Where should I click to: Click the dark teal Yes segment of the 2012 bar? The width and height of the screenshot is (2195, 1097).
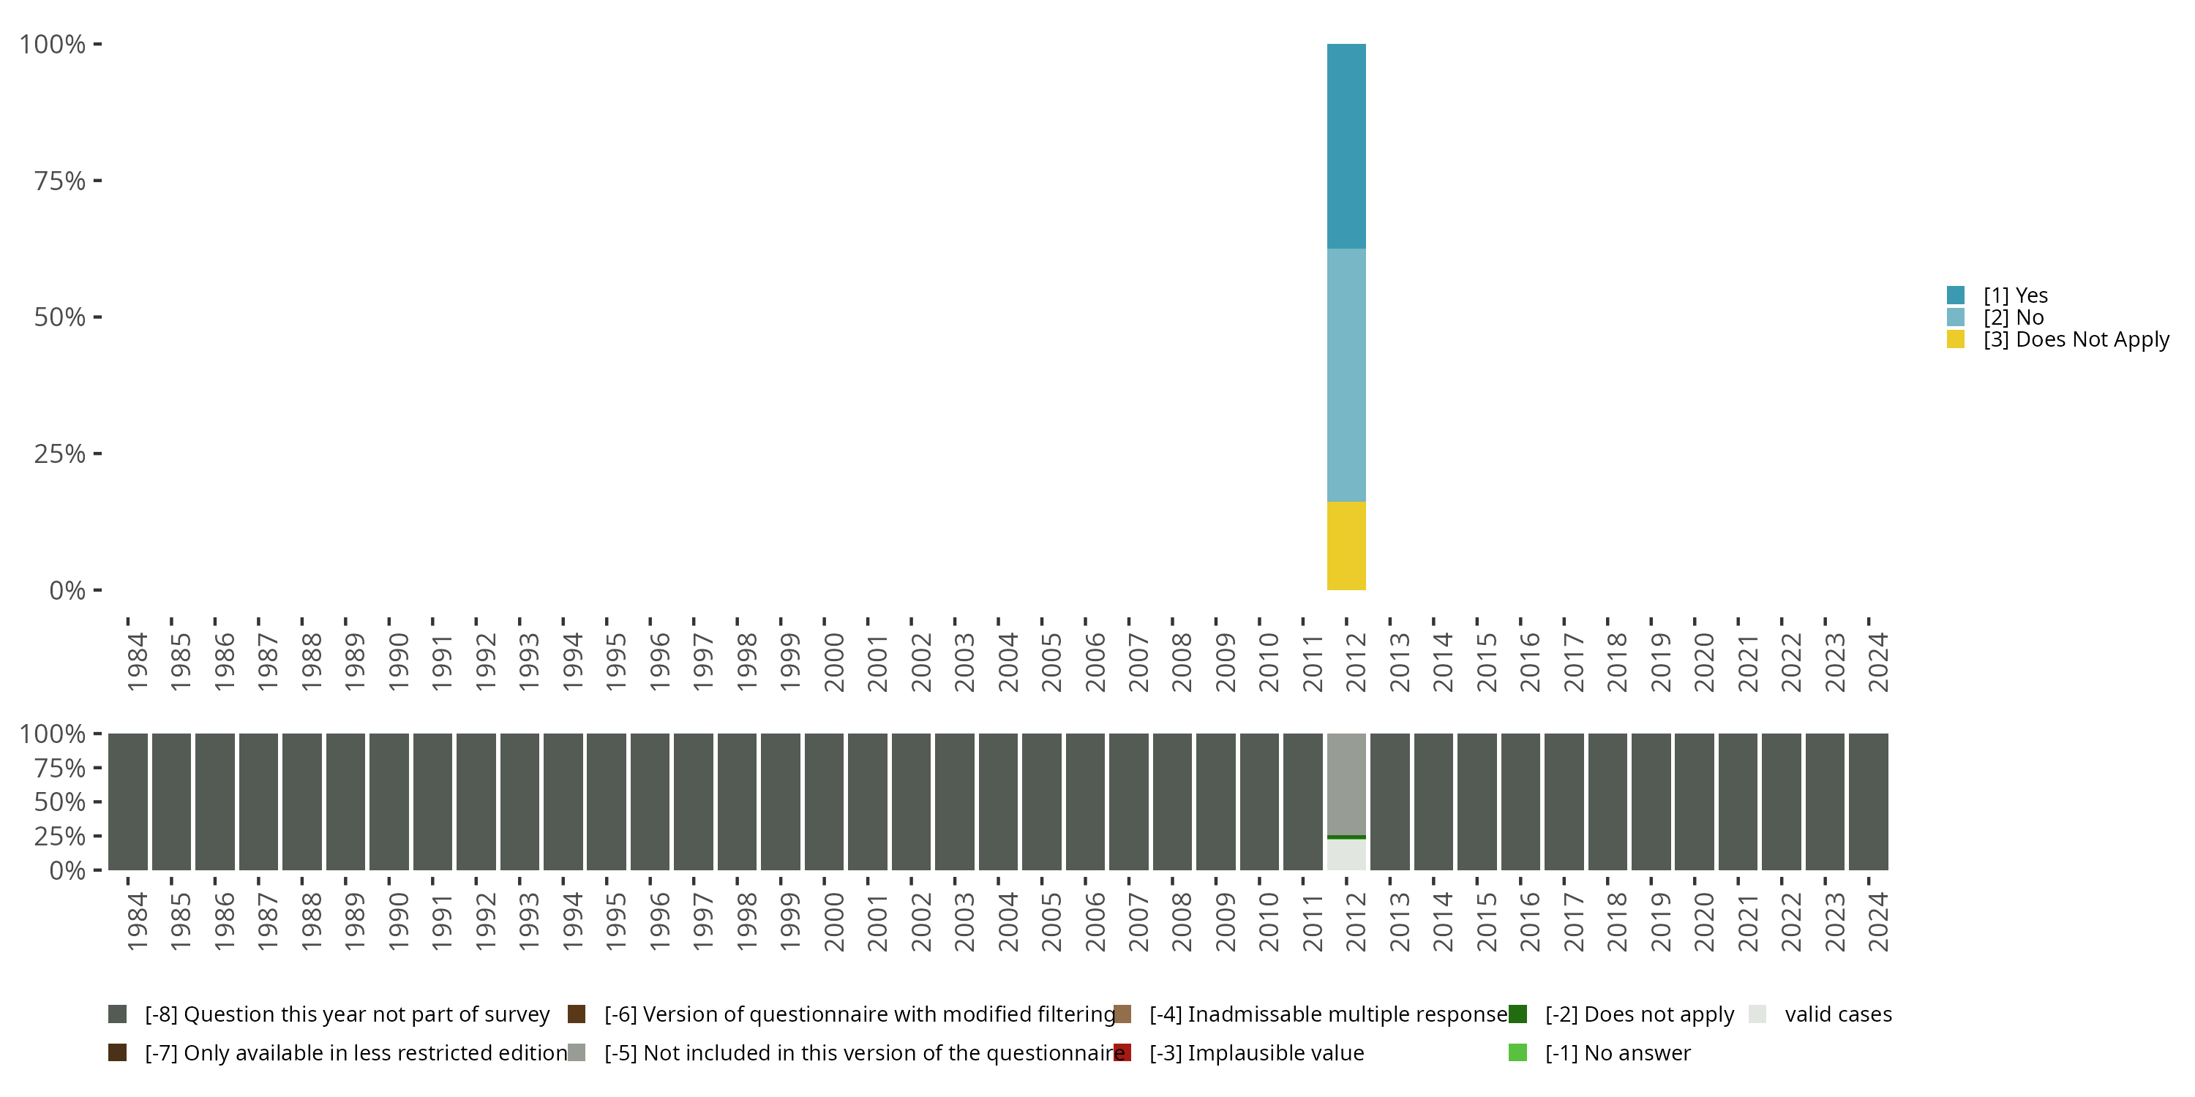pyautogui.click(x=1346, y=146)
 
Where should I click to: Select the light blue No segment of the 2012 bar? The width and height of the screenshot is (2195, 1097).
pyautogui.click(x=1346, y=374)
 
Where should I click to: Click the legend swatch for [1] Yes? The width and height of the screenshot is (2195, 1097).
pyautogui.click(x=1956, y=295)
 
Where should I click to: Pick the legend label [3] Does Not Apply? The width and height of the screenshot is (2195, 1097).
pyautogui.click(x=2075, y=340)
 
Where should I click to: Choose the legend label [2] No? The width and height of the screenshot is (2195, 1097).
pyautogui.click(x=2013, y=317)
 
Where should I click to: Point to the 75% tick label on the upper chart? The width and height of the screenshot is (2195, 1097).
pyautogui.click(x=60, y=181)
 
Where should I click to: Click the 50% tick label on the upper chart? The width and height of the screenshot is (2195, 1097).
pyautogui.click(x=60, y=317)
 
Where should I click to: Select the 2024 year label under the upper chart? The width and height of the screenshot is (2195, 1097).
pyautogui.click(x=1877, y=662)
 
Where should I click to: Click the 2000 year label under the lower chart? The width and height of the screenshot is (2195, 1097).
pyautogui.click(x=833, y=921)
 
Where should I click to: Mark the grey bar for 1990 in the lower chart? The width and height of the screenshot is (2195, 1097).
pyautogui.click(x=389, y=802)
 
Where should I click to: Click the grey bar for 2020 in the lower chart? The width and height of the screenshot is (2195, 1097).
pyautogui.click(x=1695, y=802)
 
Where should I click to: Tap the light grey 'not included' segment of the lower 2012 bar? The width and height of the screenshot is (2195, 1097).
pyautogui.click(x=1346, y=783)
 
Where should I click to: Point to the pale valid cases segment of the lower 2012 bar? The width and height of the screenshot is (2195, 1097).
pyautogui.click(x=1346, y=855)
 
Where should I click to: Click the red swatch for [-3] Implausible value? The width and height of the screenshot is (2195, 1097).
pyautogui.click(x=1123, y=1052)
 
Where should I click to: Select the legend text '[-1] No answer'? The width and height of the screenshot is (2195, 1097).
pyautogui.click(x=1617, y=1052)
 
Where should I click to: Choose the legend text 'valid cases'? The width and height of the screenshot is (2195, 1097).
pyautogui.click(x=1838, y=1014)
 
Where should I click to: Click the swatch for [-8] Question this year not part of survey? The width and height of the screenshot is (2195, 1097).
pyautogui.click(x=118, y=1014)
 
